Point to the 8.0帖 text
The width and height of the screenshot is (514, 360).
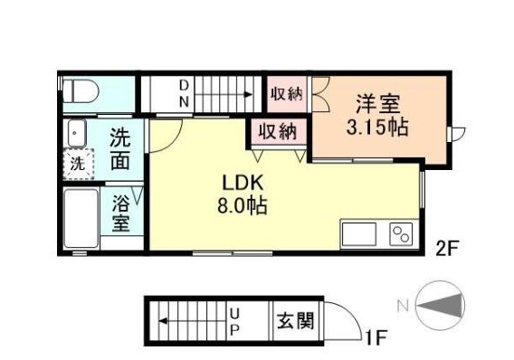[239, 204]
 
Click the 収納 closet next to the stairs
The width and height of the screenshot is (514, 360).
[287, 92]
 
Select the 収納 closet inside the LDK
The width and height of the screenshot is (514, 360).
[278, 131]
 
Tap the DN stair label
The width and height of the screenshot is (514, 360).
[183, 92]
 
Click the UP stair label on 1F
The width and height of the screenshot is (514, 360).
[233, 319]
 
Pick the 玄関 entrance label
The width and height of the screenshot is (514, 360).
[296, 320]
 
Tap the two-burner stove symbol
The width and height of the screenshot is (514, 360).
[400, 233]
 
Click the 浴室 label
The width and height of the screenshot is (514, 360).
[120, 213]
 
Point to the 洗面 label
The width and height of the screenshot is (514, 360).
[120, 150]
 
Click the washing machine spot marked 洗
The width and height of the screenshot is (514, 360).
[79, 166]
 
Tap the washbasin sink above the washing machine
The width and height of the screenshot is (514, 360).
[77, 134]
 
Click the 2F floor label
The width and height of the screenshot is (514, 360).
[447, 246]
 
